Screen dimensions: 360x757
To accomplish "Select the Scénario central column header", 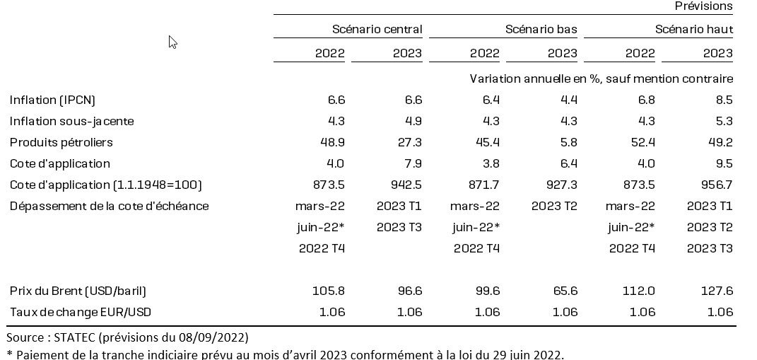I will [377, 30].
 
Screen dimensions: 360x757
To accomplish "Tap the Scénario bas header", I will [541, 30].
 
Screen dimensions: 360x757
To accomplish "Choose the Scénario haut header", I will [693, 30].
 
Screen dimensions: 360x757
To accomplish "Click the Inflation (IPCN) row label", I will [52, 100].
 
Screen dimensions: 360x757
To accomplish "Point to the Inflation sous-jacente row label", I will [71, 121].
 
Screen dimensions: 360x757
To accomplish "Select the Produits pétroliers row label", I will [61, 142].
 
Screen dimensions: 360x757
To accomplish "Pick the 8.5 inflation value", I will [723, 100].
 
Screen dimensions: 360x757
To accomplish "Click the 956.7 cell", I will [717, 185].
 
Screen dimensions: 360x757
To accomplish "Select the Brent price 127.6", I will [717, 291].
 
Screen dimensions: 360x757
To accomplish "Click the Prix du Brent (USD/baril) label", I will [78, 291].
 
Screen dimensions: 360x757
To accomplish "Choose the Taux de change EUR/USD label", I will [80, 312].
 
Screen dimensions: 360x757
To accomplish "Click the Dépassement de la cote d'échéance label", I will [109, 206].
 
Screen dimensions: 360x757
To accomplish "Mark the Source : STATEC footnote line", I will [127, 337].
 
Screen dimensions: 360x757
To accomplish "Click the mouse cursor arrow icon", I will [172, 42].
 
